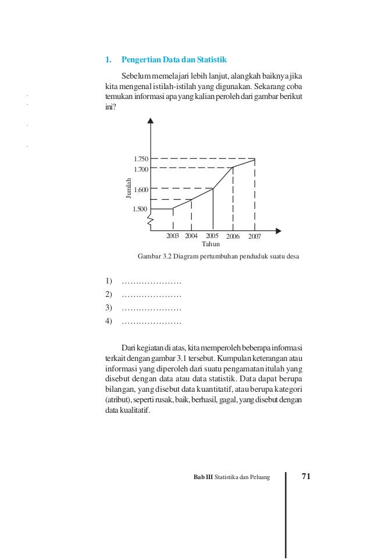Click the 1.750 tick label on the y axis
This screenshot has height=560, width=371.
(x=141, y=159)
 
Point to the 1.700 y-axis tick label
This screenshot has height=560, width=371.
(x=141, y=169)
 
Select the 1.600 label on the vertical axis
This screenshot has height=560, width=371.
(x=141, y=190)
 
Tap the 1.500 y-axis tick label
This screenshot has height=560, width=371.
(x=141, y=209)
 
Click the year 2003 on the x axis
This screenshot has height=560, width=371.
(x=173, y=236)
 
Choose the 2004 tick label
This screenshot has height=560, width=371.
(x=191, y=236)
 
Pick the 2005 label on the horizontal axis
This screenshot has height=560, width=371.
(x=212, y=236)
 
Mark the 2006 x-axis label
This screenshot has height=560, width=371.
(x=233, y=236)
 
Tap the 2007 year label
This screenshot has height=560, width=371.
(x=255, y=236)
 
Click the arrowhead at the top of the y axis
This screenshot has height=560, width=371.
(x=151, y=120)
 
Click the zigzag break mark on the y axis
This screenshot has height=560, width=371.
(x=151, y=219)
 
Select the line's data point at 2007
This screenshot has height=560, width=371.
(x=255, y=158)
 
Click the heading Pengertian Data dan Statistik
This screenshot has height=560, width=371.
(x=174, y=60)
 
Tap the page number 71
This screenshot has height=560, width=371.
(x=306, y=477)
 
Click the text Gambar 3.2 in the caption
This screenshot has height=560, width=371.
(x=153, y=256)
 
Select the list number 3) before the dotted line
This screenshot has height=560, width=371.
(x=109, y=308)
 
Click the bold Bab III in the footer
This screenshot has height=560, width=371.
(x=203, y=478)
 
